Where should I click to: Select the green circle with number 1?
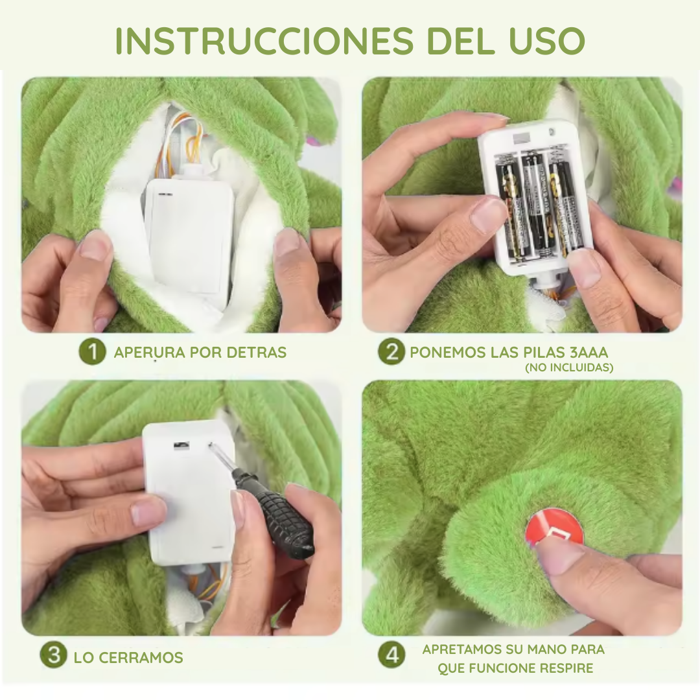(x=92, y=352)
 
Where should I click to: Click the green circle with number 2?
(x=391, y=352)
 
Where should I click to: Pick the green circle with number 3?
(x=54, y=655)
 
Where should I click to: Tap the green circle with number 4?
(x=391, y=655)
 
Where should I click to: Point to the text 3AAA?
(x=590, y=353)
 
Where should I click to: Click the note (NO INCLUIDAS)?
(x=569, y=368)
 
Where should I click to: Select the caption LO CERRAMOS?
(x=128, y=657)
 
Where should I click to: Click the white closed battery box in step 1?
(x=189, y=240)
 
